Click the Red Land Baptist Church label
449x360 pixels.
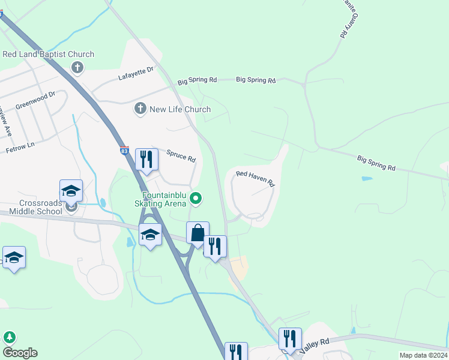pyautogui.click(x=49, y=54)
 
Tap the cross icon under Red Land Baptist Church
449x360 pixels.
pyautogui.click(x=77, y=67)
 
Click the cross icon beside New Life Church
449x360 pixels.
pyautogui.click(x=140, y=109)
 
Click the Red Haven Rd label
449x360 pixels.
pyautogui.click(x=255, y=178)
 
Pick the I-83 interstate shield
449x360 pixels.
pyautogui.click(x=124, y=151)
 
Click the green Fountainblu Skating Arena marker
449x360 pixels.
pyautogui.click(x=196, y=197)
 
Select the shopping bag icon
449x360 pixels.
pyautogui.click(x=197, y=233)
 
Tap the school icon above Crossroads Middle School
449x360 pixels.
pyautogui.click(x=71, y=191)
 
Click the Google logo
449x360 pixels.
pyautogui.click(x=20, y=353)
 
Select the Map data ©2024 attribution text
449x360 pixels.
pyautogui.click(x=423, y=355)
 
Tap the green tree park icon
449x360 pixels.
pyautogui.click(x=10, y=337)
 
